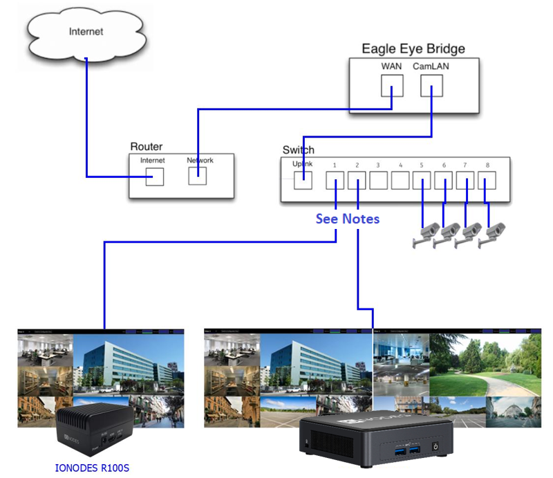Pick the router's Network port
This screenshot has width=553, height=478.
199,176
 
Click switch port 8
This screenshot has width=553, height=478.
487,181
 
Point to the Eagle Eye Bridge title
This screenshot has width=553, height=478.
413,48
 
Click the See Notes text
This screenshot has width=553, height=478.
347,219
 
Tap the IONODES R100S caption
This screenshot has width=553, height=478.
92,468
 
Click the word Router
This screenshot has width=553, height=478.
146,147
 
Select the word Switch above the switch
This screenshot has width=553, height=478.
298,150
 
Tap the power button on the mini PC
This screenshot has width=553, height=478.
435,447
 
